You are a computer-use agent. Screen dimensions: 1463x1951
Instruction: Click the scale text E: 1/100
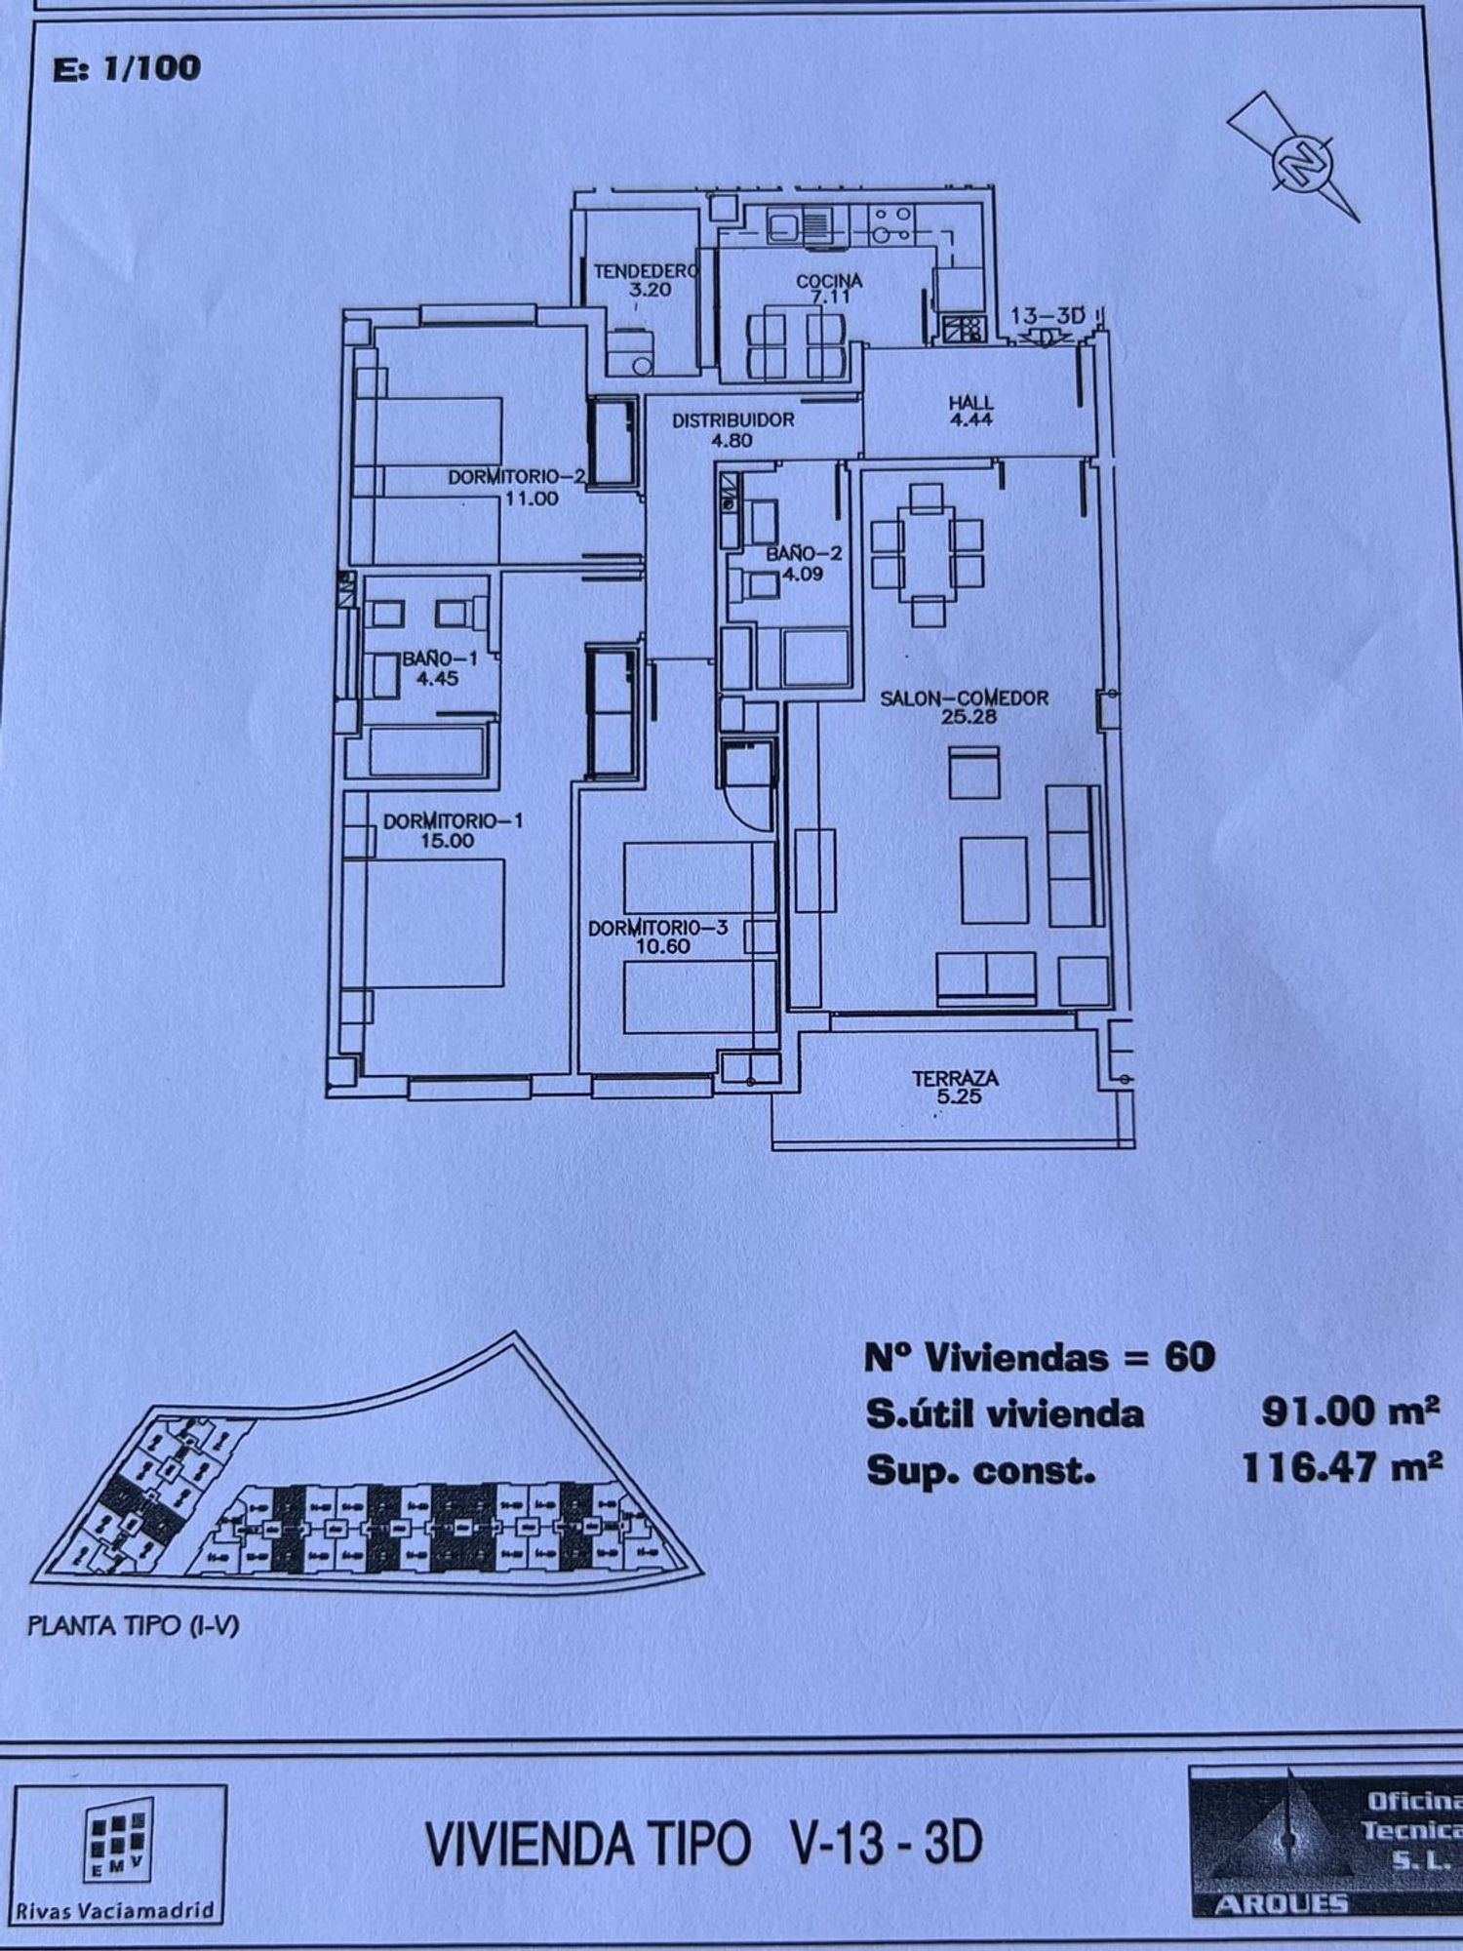[127, 68]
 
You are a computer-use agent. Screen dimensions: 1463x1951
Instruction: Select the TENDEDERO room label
[645, 271]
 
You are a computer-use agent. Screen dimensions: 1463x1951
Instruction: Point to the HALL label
[971, 402]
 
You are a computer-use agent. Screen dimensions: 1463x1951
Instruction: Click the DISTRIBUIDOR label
[732, 420]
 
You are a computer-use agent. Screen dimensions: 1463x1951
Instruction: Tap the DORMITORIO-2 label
[517, 477]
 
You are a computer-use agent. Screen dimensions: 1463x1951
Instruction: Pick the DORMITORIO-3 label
[658, 928]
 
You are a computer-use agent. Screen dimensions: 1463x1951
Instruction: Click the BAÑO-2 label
[804, 553]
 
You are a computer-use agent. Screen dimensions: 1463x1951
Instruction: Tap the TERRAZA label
[955, 1079]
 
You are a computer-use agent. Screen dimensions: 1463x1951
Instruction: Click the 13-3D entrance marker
[1048, 316]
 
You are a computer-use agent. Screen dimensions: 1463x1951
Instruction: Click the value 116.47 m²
[1342, 1467]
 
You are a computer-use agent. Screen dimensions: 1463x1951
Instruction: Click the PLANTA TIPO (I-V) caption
[133, 1626]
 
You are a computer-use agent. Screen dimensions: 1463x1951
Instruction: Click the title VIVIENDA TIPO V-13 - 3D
[703, 1844]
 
